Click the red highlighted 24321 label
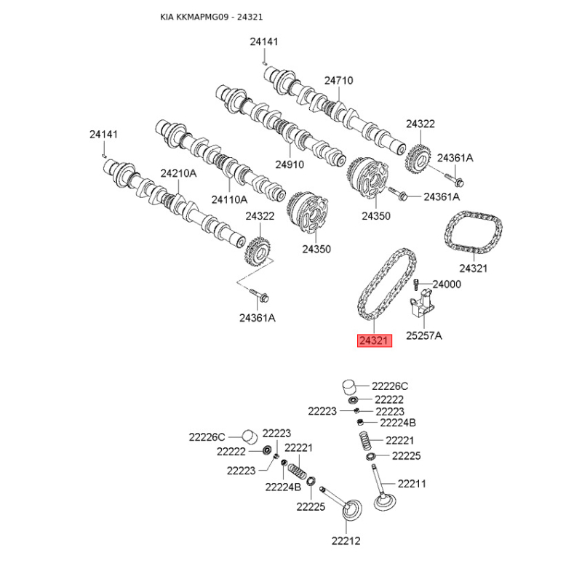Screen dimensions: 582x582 [x=374, y=340]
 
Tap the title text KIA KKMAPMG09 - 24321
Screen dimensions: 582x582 [x=211, y=17]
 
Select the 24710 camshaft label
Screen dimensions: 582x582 [x=338, y=81]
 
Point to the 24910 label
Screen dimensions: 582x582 [x=290, y=164]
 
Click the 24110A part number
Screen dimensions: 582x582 [x=229, y=199]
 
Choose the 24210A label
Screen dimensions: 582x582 [x=178, y=173]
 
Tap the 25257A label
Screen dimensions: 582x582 [x=424, y=335]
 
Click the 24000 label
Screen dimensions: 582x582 [x=447, y=284]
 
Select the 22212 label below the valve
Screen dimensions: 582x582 [x=346, y=541]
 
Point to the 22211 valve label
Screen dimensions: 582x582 [x=412, y=484]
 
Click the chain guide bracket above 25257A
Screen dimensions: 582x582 [x=422, y=304]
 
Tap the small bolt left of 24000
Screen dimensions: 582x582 [x=416, y=284]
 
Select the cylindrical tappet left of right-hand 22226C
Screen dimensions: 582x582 [x=349, y=387]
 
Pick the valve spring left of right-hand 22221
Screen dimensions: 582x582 [x=366, y=442]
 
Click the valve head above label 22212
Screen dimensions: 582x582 [x=352, y=511]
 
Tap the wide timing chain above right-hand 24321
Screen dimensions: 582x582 [x=474, y=233]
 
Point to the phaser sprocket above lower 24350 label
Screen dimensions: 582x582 [x=307, y=212]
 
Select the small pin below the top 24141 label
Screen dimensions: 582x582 [x=264, y=63]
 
